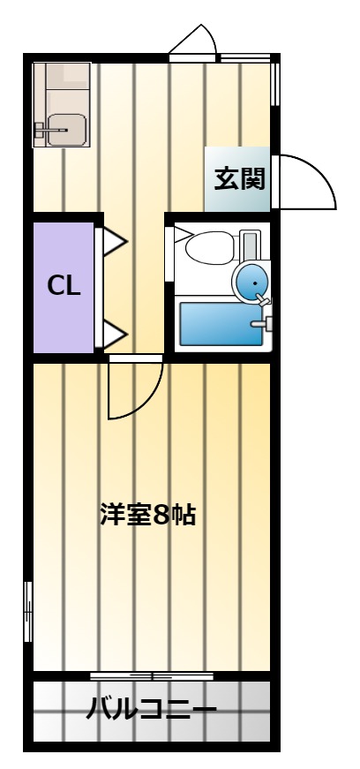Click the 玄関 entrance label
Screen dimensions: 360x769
[240, 178]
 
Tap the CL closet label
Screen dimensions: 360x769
[64, 286]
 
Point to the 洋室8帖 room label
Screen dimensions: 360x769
[148, 515]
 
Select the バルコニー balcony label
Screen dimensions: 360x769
[151, 710]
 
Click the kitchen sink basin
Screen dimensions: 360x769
[67, 130]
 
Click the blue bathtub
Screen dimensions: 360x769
[221, 324]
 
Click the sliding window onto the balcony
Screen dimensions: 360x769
[152, 676]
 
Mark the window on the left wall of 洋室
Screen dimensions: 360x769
[28, 612]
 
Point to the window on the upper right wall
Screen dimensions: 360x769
[275, 84]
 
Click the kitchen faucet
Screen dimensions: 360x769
[50, 131]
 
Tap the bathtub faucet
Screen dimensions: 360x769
[262, 323]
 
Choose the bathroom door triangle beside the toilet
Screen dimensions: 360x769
[183, 235]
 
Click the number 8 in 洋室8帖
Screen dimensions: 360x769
[161, 516]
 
